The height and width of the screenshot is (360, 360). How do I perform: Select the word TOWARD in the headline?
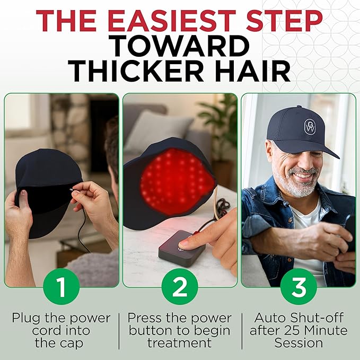click(x=180, y=46)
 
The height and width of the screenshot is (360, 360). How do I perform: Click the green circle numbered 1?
click(x=61, y=287)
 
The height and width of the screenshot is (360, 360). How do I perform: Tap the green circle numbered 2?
click(x=180, y=287)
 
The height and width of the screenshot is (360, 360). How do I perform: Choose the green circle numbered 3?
click(x=298, y=287)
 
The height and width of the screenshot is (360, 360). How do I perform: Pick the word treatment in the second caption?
click(x=180, y=343)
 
